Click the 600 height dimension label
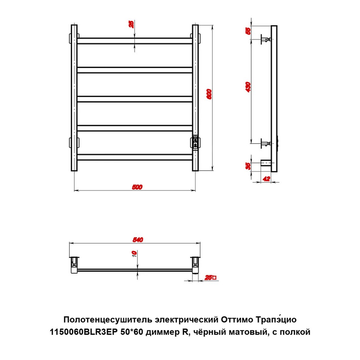pyautogui.click(x=209, y=94)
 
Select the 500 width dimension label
pyautogui.click(x=137, y=187)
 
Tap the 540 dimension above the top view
pyautogui.click(x=138, y=240)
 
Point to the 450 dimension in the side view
pyautogui.click(x=248, y=87)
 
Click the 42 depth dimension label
pyautogui.click(x=266, y=179)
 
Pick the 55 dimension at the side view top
pyautogui.click(x=248, y=31)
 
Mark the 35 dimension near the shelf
pyautogui.click(x=248, y=166)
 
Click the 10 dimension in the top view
pyautogui.click(x=134, y=254)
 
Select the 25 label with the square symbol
pyautogui.click(x=210, y=278)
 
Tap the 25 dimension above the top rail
pyautogui.click(x=131, y=24)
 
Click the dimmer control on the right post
pyautogui.click(x=195, y=143)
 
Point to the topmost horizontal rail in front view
pyautogui.click(x=135, y=41)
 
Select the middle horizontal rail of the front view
pyautogui.click(x=135, y=99)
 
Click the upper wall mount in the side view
pyautogui.click(x=266, y=39)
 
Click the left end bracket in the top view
pyautogui.click(x=75, y=265)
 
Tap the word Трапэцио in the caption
pyautogui.click(x=276, y=320)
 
